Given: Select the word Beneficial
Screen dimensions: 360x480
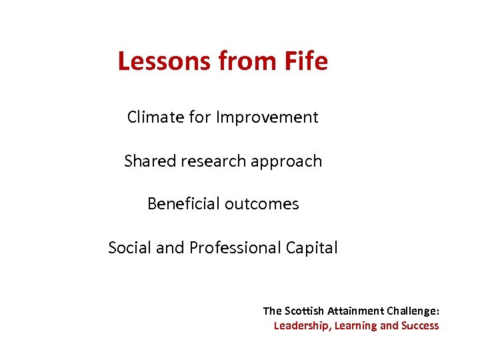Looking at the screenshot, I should click(183, 204).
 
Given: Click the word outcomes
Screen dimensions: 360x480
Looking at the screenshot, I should click(261, 204).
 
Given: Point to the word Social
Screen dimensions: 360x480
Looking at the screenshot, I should click(129, 247).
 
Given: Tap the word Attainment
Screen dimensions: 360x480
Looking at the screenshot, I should click(356, 311).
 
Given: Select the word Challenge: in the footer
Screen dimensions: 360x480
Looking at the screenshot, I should click(413, 311).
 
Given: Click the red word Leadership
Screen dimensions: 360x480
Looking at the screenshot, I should click(302, 326).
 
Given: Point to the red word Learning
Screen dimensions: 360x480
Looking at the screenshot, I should click(355, 326).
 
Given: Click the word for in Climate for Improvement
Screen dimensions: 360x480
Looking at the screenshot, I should click(200, 117).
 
